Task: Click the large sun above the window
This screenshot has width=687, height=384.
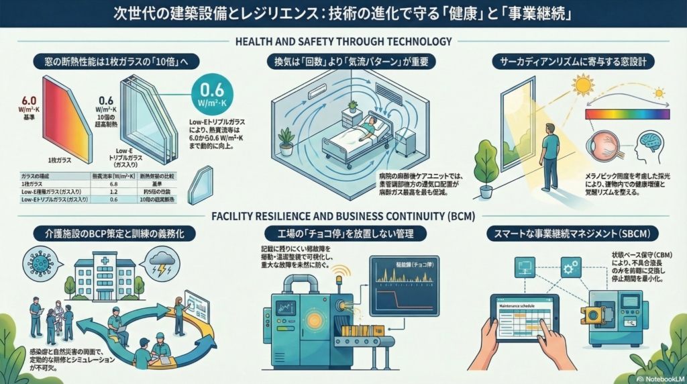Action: pyautogui.click(x=582, y=85)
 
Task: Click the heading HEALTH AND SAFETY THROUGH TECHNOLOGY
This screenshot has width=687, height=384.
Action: pyautogui.click(x=343, y=42)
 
